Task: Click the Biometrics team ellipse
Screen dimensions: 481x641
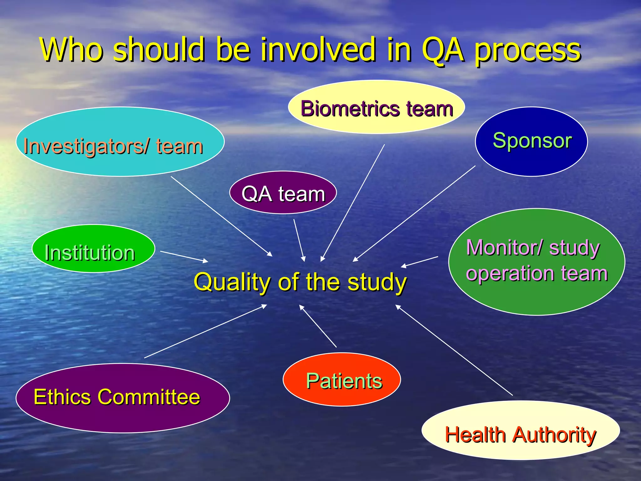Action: [376, 107]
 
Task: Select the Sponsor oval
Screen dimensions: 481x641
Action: [531, 142]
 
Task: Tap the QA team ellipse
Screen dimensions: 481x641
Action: [283, 193]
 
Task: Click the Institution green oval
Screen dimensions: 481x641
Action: [93, 249]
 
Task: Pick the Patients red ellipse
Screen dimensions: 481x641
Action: [342, 380]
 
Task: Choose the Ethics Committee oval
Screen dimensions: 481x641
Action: [123, 398]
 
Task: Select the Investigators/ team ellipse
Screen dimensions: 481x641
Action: [120, 142]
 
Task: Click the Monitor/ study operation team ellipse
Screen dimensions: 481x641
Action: [536, 262]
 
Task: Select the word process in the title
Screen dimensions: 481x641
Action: [528, 50]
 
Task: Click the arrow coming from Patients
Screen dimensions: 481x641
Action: [318, 326]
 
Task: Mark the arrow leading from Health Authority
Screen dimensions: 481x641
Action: [454, 350]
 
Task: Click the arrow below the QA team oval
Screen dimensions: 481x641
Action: [299, 240]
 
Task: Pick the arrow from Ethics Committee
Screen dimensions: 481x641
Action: [205, 331]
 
